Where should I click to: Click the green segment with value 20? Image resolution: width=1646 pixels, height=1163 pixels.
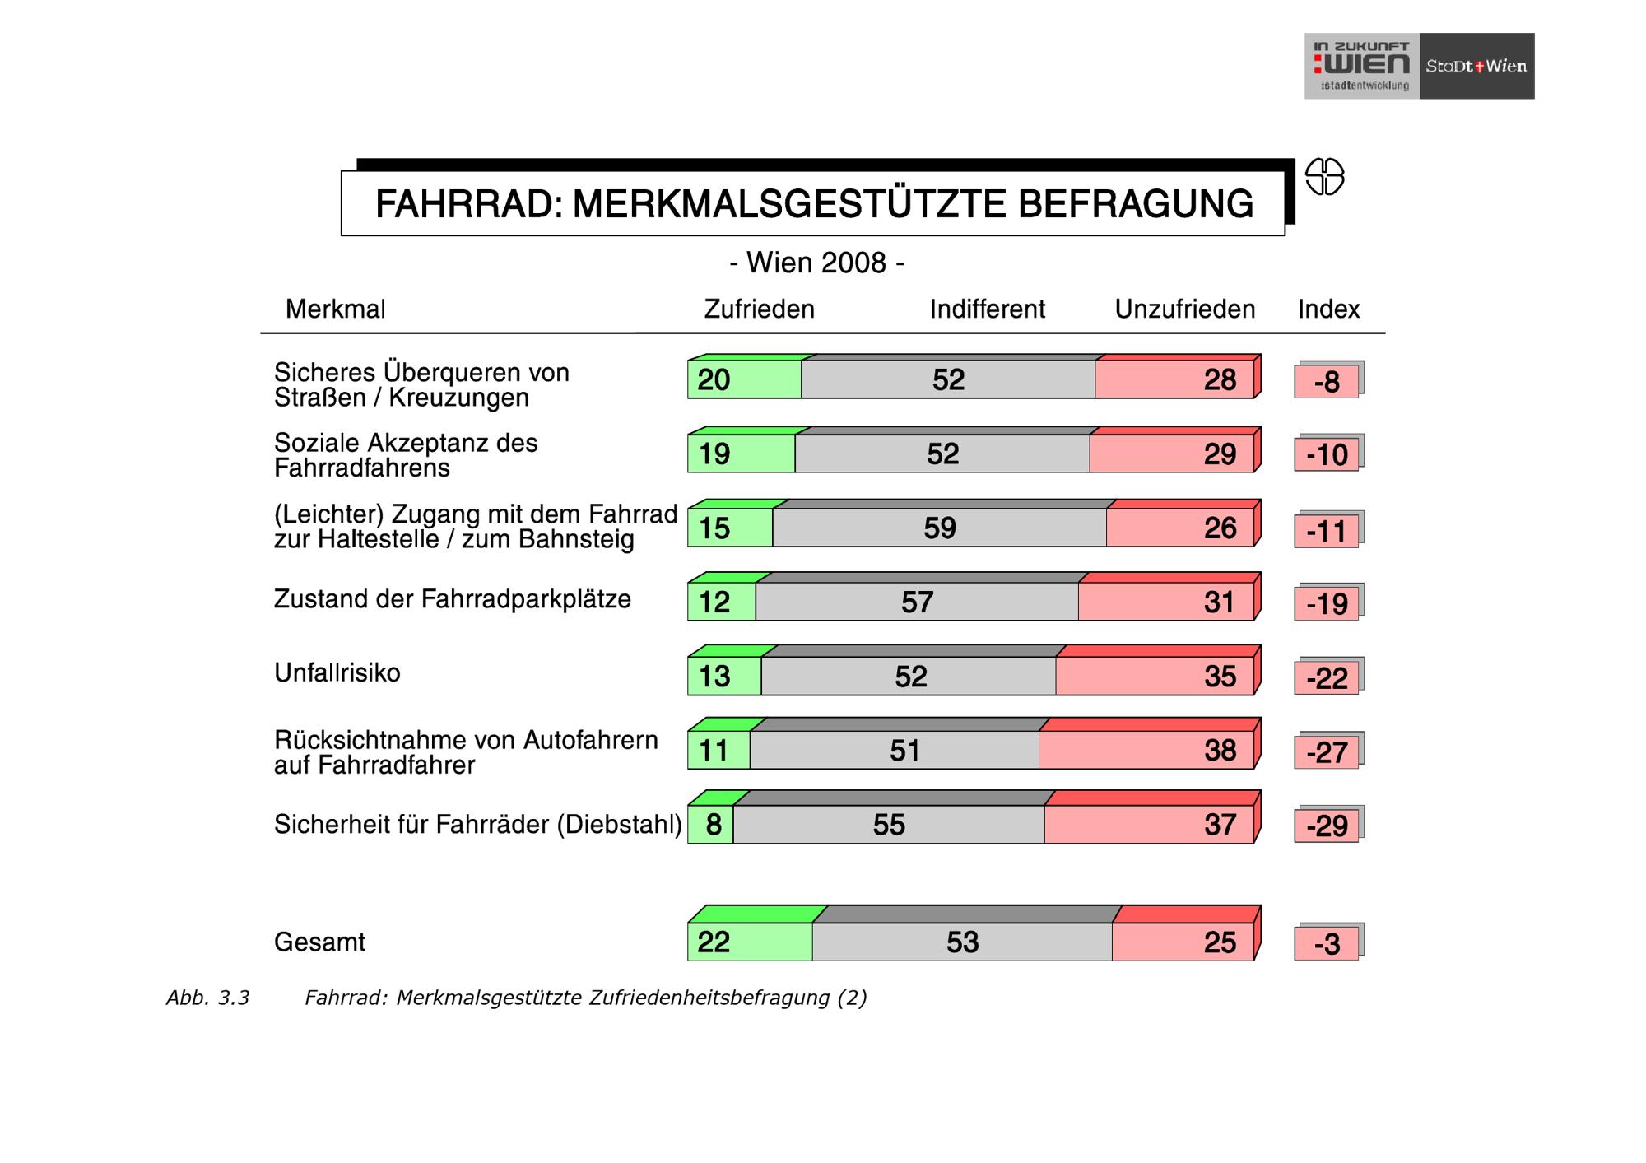click(x=744, y=379)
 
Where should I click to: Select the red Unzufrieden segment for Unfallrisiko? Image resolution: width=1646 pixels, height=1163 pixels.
click(x=1155, y=676)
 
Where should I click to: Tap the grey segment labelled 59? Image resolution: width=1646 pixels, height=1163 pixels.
click(x=939, y=528)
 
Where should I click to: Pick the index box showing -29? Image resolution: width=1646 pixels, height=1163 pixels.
click(x=1326, y=826)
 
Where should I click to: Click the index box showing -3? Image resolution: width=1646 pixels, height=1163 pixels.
click(x=1326, y=943)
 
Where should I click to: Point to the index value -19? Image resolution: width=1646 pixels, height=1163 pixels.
click(x=1326, y=603)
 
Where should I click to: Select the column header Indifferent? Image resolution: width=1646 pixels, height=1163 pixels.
click(x=987, y=309)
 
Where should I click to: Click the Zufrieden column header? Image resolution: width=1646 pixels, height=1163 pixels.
click(x=759, y=309)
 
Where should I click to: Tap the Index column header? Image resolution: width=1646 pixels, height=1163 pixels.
click(x=1328, y=309)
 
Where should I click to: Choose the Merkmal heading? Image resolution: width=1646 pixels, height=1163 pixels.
click(x=335, y=309)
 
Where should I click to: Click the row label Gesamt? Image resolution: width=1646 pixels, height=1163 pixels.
click(x=319, y=942)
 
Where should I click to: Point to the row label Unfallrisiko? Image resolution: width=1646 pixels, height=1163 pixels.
click(x=337, y=672)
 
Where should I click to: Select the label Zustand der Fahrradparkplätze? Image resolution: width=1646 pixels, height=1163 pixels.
click(x=452, y=598)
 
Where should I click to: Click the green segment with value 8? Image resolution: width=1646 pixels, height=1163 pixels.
click(x=711, y=824)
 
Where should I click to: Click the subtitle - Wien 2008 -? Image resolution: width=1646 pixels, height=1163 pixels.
click(x=816, y=263)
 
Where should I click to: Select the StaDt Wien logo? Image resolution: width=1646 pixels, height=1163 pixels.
click(x=1476, y=66)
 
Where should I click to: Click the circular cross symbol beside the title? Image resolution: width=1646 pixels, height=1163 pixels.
click(x=1324, y=177)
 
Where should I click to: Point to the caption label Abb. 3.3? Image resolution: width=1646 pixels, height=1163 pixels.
click(x=207, y=998)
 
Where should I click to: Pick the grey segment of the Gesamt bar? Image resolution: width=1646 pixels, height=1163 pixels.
click(x=962, y=942)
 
